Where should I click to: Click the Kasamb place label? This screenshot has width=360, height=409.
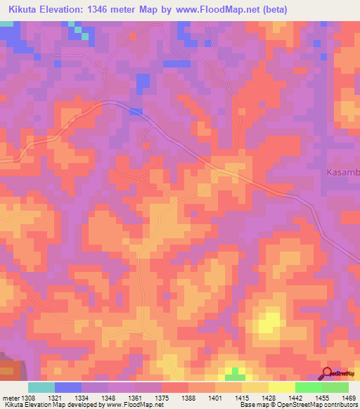[343, 172]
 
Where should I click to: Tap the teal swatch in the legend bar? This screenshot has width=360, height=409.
[41, 387]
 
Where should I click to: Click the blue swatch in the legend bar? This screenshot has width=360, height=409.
[68, 387]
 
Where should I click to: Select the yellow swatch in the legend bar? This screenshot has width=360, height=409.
[281, 387]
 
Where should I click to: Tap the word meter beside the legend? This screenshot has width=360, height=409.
[11, 397]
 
